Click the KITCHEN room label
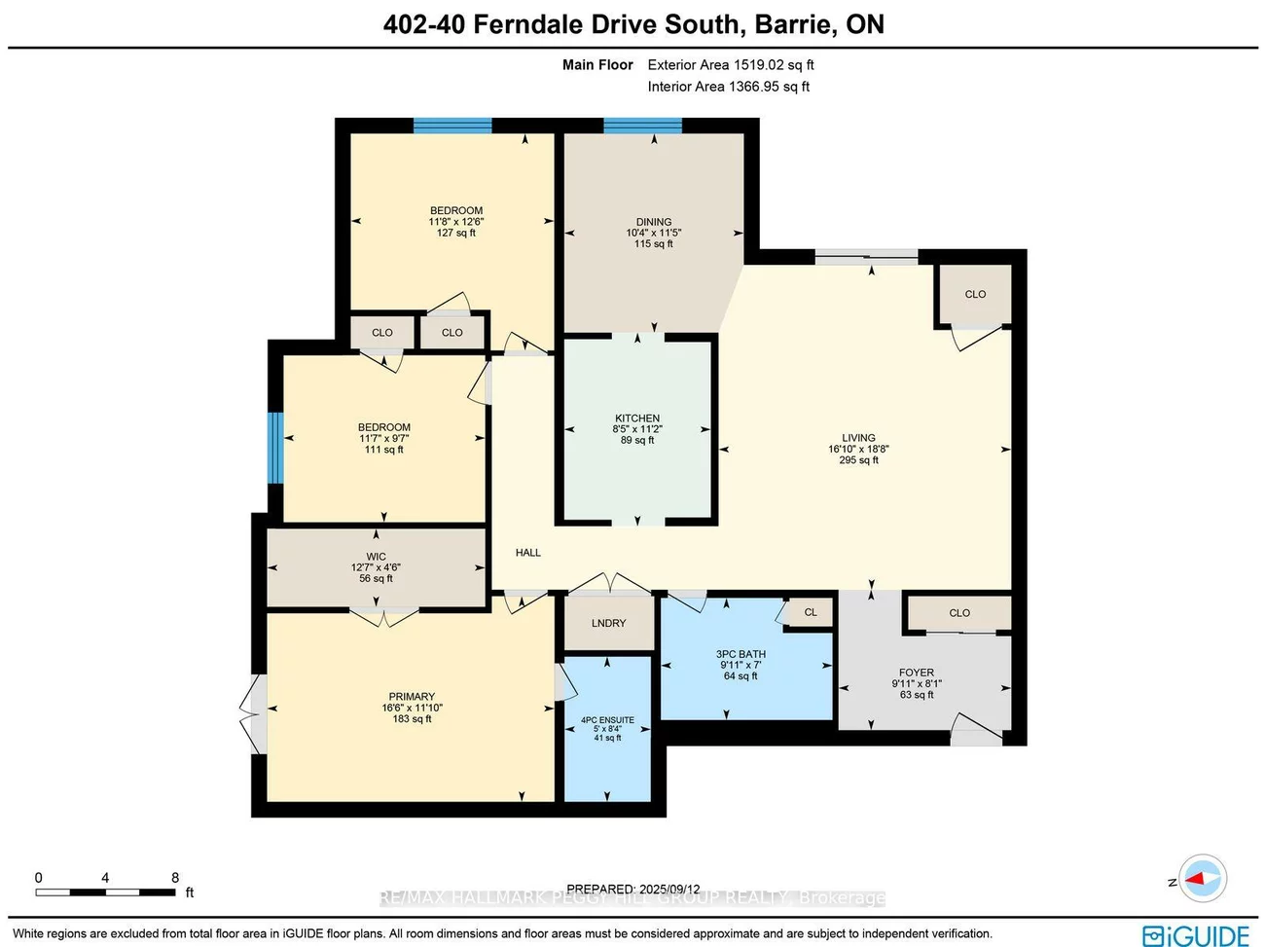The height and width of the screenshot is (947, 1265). coord(637,419)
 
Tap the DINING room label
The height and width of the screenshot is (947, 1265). coord(654,222)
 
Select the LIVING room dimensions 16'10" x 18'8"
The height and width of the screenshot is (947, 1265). coord(858,450)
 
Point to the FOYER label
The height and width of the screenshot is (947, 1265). coord(917,673)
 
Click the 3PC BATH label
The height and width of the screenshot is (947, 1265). coord(741,654)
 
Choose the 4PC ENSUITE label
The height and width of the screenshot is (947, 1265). coord(607,720)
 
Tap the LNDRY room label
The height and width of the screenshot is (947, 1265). coord(609,623)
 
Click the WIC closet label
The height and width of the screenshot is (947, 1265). coord(376,557)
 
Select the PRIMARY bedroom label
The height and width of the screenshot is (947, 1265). coord(412,697)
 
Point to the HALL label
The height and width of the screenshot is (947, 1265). coord(528,553)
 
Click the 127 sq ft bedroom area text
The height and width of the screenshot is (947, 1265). coord(456,234)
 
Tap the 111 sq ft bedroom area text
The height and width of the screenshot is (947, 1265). coord(384,450)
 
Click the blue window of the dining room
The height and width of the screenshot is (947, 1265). coord(642,125)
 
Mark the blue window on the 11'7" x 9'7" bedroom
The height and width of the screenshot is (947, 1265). coord(275,448)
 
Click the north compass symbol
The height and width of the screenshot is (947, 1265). coord(1203,879)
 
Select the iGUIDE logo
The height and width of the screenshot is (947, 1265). coord(1196,935)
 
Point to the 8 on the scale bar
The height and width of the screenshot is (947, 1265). coord(175,878)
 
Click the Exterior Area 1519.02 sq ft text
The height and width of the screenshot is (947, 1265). coord(731,65)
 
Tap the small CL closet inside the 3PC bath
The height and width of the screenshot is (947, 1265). coord(811,612)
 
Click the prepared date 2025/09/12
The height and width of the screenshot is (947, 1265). coord(669,889)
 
